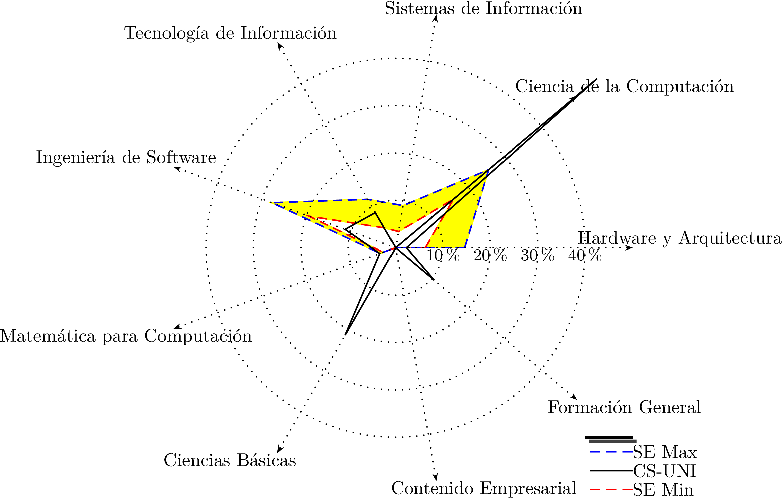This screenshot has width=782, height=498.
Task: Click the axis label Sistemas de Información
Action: (x=483, y=9)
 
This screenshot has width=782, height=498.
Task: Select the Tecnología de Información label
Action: (x=230, y=33)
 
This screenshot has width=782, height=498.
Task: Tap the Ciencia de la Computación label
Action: (x=624, y=87)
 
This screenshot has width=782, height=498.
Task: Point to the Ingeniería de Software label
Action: (x=126, y=158)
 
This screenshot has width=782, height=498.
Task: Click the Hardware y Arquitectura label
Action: (x=680, y=238)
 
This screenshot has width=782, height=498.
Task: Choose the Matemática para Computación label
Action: (x=126, y=336)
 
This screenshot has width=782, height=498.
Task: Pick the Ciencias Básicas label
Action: (x=230, y=460)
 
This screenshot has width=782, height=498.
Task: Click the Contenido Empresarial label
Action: (x=483, y=488)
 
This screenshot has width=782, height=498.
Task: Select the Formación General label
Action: (x=624, y=408)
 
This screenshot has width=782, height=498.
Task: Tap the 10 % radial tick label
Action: (x=443, y=256)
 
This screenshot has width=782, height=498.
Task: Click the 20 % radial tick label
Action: (x=490, y=256)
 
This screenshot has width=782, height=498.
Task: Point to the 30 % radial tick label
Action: (x=537, y=256)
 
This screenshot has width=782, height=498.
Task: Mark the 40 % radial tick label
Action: (x=585, y=256)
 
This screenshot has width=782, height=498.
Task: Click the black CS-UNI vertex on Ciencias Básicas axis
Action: (x=346, y=334)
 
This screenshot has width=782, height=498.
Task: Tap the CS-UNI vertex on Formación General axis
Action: (x=434, y=279)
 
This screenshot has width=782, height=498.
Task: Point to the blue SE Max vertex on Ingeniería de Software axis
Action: (x=271, y=203)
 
